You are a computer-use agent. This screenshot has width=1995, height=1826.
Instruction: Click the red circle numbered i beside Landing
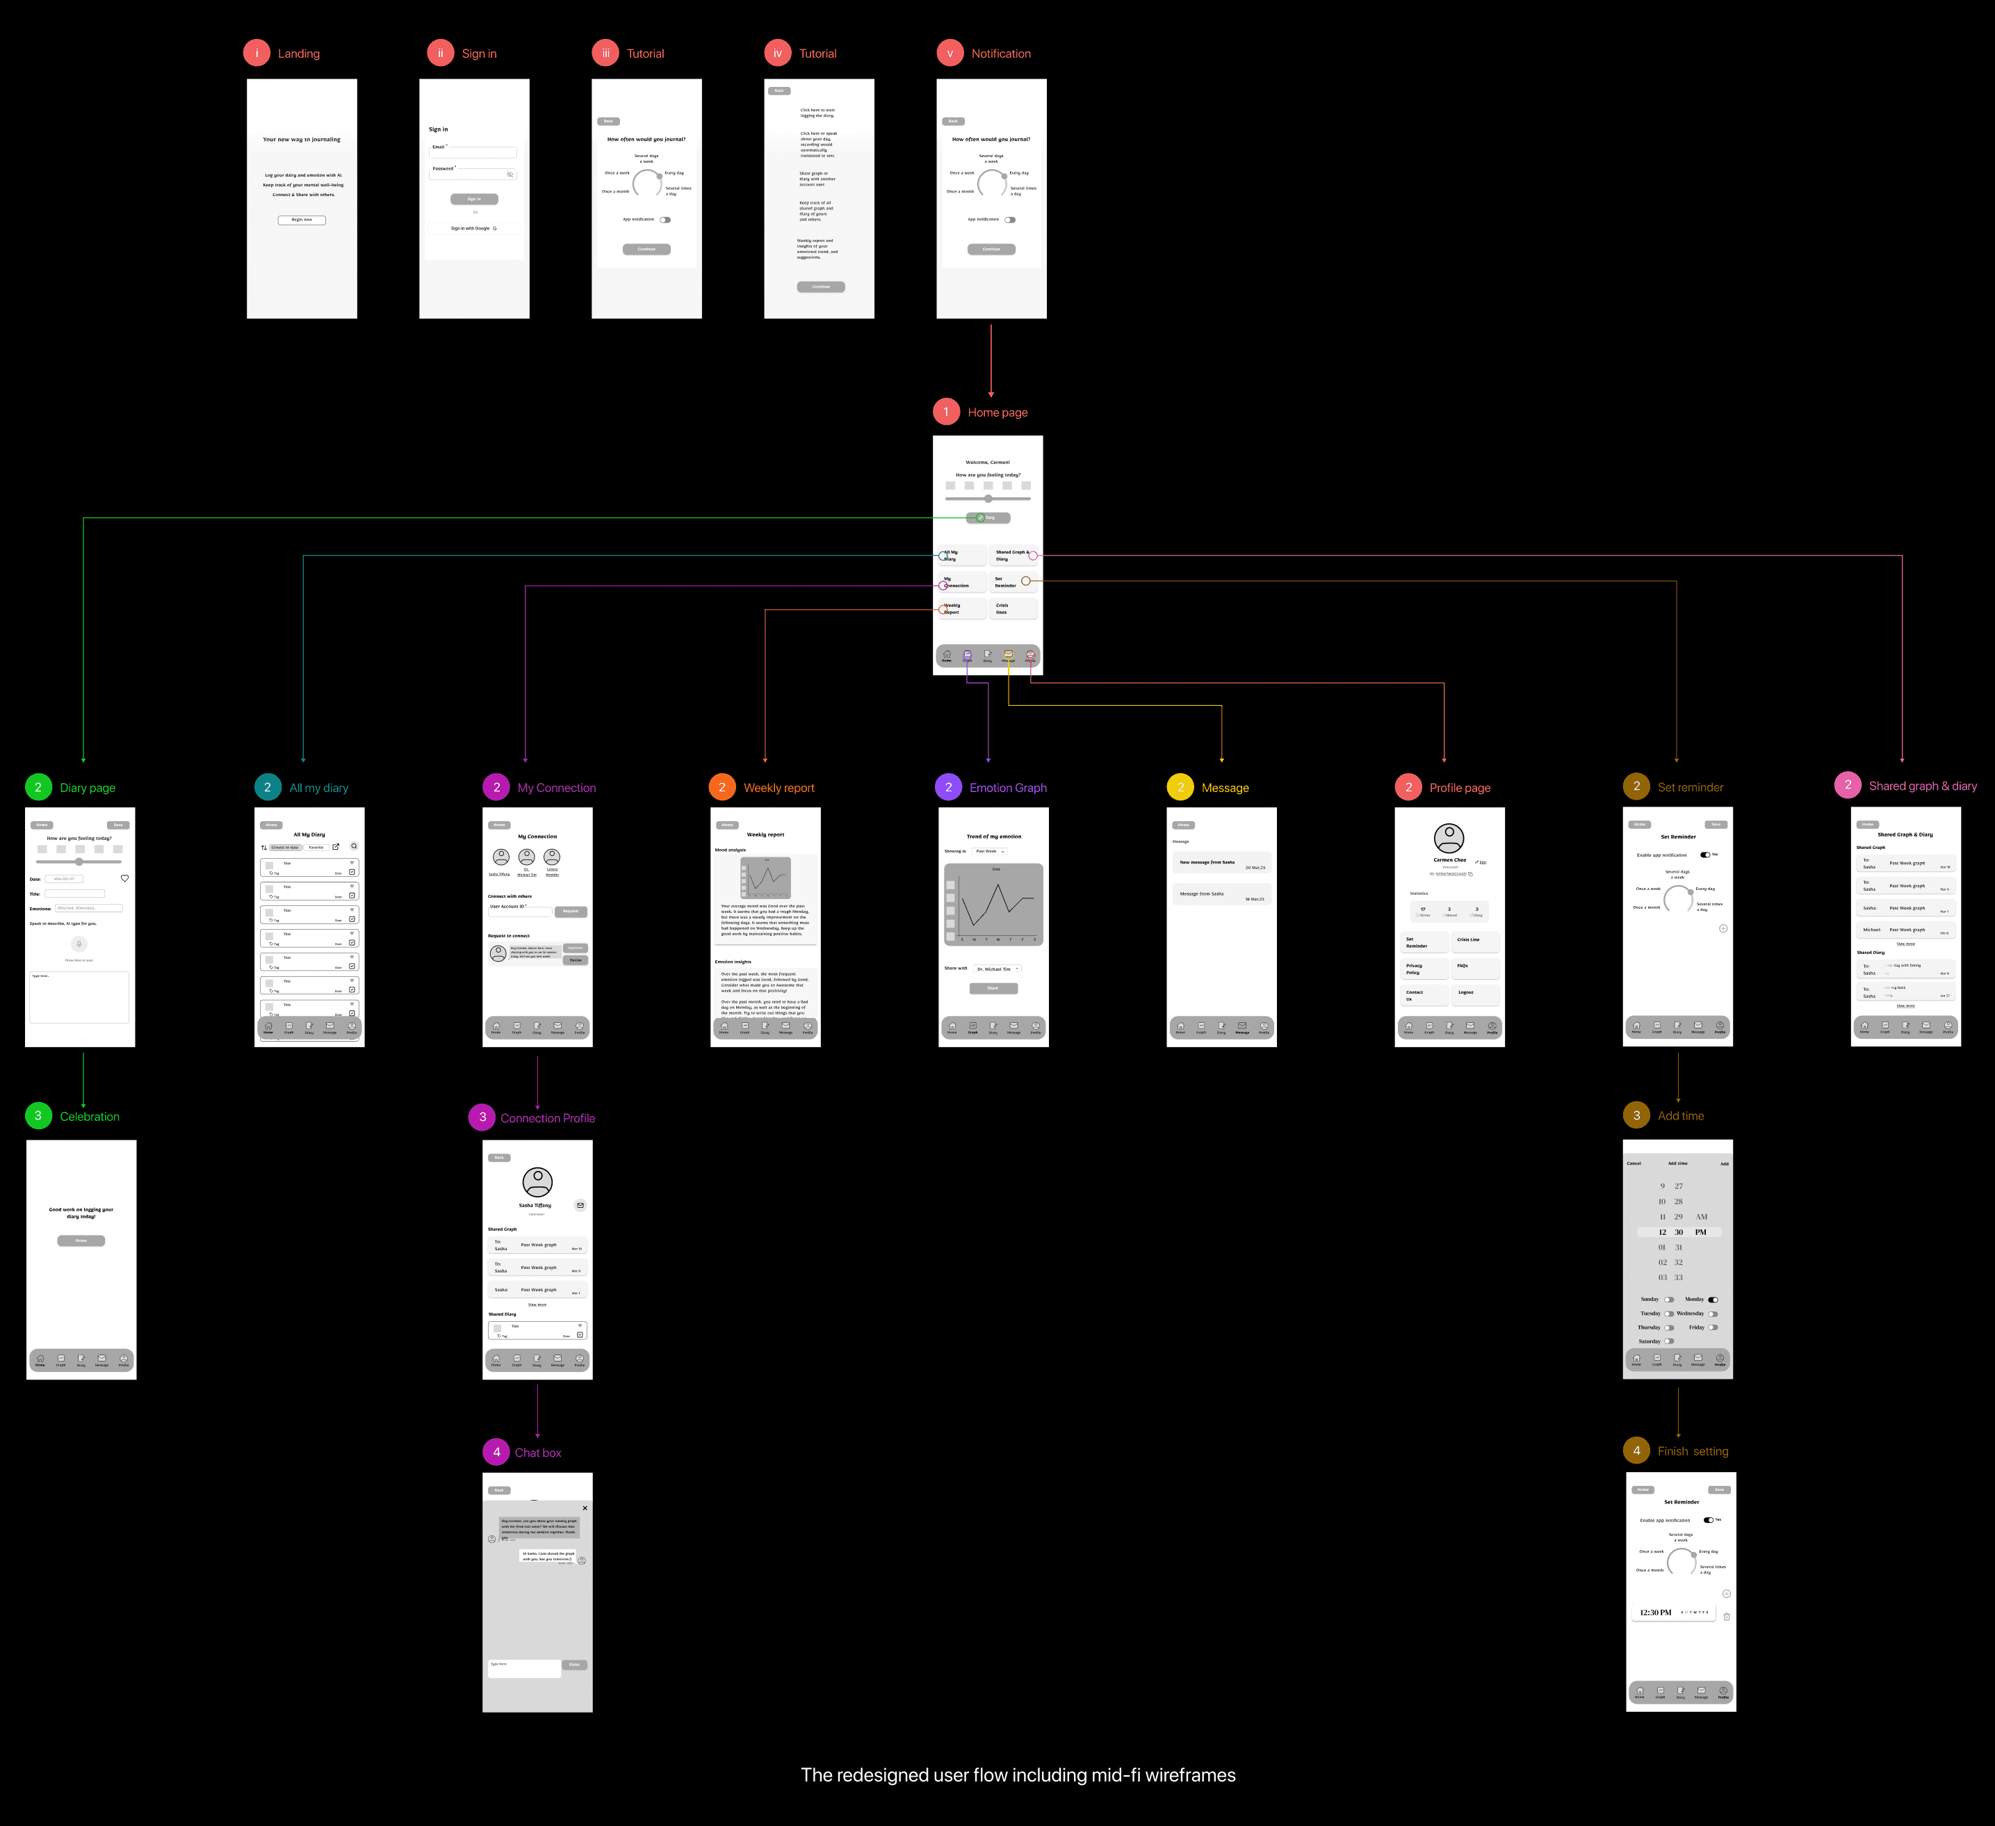pyautogui.click(x=256, y=54)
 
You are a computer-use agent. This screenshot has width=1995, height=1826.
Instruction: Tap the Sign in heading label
pyautogui.click(x=479, y=54)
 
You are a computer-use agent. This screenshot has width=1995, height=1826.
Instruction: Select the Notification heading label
pyautogui.click(x=1000, y=54)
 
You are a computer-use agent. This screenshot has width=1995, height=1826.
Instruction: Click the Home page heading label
pyautogui.click(x=997, y=413)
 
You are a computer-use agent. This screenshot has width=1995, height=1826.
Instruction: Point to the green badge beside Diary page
pyautogui.click(x=38, y=788)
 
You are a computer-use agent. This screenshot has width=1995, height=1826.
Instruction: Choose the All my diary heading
pyautogui.click(x=318, y=788)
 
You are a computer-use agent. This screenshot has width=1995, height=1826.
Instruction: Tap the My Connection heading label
pyautogui.click(x=556, y=788)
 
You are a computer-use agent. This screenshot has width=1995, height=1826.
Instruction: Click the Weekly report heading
pyautogui.click(x=779, y=788)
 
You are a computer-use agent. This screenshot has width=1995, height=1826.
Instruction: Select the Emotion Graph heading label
pyautogui.click(x=1007, y=788)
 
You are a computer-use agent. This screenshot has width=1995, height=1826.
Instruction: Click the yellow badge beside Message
pyautogui.click(x=1180, y=788)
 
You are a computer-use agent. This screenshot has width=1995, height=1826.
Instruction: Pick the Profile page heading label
pyautogui.click(x=1460, y=788)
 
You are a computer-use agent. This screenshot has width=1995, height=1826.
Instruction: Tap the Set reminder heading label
pyautogui.click(x=1691, y=787)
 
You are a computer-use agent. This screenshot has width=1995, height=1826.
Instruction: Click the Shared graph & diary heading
pyautogui.click(x=1923, y=786)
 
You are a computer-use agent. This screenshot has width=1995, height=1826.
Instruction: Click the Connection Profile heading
pyautogui.click(x=547, y=1118)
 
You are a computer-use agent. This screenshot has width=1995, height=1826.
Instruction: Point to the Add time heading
pyautogui.click(x=1680, y=1115)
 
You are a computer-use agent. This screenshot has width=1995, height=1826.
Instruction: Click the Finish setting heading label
pyautogui.click(x=1692, y=1451)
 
